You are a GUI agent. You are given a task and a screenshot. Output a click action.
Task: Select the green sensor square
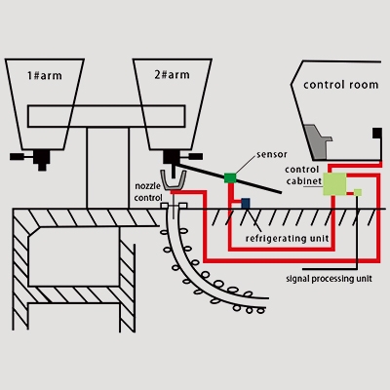tap(230, 176)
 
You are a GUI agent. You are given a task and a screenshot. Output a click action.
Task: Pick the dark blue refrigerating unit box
tap(246, 203)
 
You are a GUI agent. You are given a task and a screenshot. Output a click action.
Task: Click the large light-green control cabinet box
tap(335, 182)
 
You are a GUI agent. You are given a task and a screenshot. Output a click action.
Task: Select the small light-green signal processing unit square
tap(358, 192)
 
